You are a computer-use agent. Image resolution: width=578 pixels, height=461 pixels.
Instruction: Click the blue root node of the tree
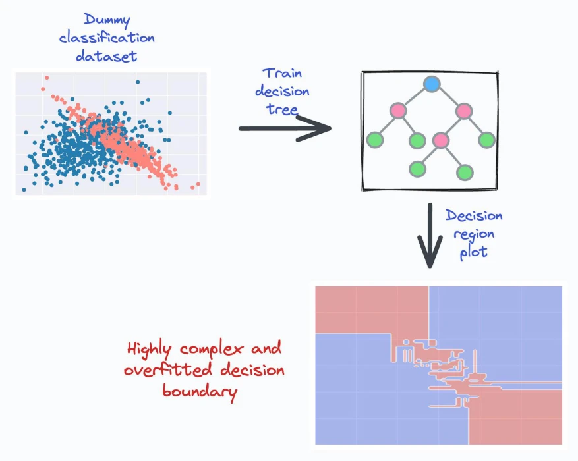coord(432,84)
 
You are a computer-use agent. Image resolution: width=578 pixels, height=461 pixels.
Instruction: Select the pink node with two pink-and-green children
coord(464,111)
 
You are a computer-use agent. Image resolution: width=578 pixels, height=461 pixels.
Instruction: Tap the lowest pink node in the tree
coord(441,140)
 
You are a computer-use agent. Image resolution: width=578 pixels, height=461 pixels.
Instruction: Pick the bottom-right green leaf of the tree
coord(465,172)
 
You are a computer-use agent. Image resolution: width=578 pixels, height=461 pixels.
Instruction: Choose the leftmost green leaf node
coord(375,140)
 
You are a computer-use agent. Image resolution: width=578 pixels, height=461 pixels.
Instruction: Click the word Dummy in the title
coord(107,20)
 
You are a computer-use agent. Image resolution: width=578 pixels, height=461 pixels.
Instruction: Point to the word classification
coord(107,38)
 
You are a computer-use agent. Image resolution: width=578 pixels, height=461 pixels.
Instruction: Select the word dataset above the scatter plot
coord(107,56)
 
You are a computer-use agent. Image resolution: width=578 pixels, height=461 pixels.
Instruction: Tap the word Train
coord(282,73)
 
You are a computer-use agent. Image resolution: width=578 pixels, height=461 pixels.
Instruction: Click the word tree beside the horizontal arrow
coord(282,109)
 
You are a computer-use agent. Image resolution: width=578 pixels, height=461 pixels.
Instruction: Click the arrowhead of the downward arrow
coord(430,255)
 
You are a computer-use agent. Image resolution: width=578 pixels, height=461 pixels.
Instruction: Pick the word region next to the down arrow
coord(474,234)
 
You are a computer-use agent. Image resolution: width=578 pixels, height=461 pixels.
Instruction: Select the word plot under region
coord(474,252)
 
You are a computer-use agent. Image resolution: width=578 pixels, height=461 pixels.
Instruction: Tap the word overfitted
coord(168,369)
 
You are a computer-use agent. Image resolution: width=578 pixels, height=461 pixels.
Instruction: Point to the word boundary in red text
coord(200,392)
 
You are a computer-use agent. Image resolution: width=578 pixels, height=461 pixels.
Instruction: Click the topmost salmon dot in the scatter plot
coord(47,78)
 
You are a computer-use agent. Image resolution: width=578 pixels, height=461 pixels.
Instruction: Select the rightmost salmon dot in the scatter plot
coord(198,184)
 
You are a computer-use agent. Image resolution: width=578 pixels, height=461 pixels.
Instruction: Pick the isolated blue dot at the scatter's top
coord(138,82)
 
